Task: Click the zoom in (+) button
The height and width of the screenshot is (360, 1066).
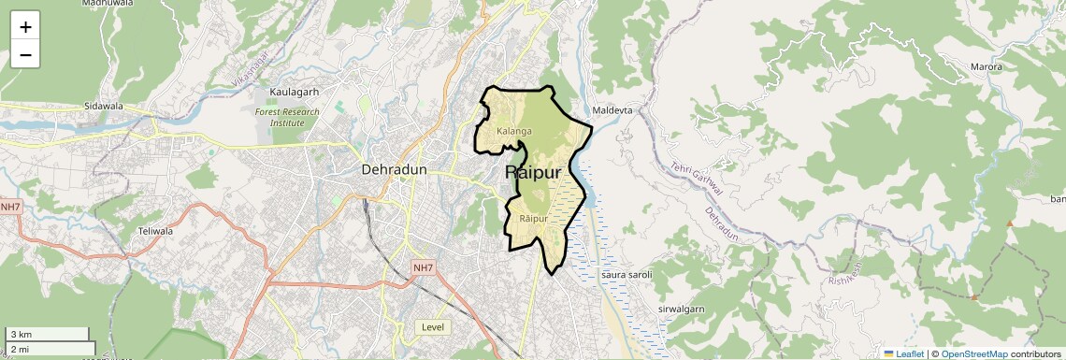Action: [x=25, y=27]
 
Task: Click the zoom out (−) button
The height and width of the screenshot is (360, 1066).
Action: [x=25, y=55]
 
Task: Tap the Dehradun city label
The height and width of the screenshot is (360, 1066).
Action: [x=394, y=170]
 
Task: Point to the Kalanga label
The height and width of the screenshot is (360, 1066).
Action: [x=514, y=131]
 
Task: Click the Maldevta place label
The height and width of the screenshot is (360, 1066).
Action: [x=612, y=110]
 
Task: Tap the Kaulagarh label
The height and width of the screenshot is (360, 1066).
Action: [x=295, y=92]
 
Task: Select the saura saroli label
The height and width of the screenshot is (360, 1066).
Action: [x=626, y=275]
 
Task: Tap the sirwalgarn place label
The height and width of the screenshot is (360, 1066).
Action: [x=681, y=309]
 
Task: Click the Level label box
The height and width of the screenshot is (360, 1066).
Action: [x=433, y=327]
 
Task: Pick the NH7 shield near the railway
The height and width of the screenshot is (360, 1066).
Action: [x=423, y=268]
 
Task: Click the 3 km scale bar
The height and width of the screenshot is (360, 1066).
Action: [x=47, y=335]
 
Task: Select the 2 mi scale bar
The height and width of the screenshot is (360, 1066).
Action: [x=50, y=349]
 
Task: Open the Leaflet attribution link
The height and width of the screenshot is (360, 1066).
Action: [x=903, y=354]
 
